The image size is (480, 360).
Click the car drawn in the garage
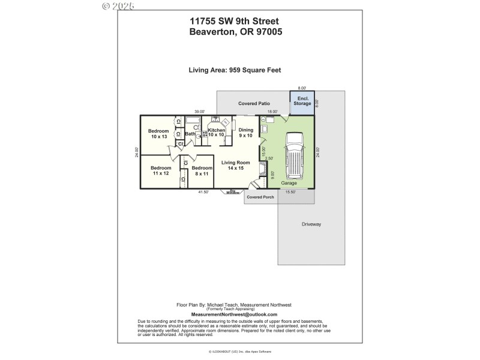click(x=295, y=155)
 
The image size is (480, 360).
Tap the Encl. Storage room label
click(x=302, y=101)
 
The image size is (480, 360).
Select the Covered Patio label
click(x=254, y=104)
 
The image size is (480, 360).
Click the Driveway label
click(x=311, y=224)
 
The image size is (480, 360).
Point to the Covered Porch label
click(x=260, y=197)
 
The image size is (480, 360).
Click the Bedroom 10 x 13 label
click(x=158, y=134)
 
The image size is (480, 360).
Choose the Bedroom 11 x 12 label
click(x=160, y=170)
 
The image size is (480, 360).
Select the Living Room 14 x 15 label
click(x=235, y=165)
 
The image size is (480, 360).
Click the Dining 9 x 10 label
click(x=246, y=133)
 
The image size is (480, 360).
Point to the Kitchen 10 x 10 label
click(x=216, y=133)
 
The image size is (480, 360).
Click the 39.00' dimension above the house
click(x=199, y=112)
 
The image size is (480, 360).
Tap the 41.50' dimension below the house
click(x=203, y=192)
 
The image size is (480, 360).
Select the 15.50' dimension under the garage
click(x=290, y=192)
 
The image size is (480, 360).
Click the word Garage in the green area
click(x=289, y=183)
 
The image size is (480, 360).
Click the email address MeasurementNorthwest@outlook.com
click(x=234, y=314)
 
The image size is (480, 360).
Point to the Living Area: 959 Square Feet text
click(x=235, y=70)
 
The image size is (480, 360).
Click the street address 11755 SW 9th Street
click(x=235, y=22)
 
